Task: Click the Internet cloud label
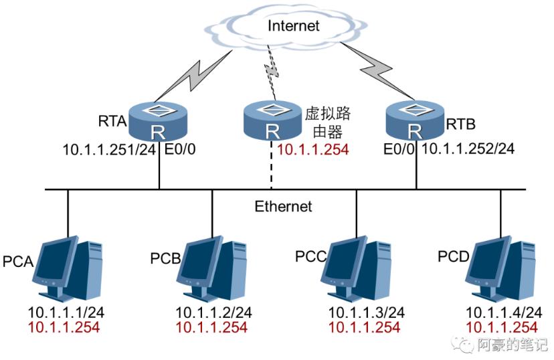coord(294,26)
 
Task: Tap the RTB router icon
coord(416,120)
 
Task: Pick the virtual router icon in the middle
coord(272,120)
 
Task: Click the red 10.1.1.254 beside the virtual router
coord(312,150)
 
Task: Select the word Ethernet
coord(283,206)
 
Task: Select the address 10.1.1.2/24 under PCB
coord(213,312)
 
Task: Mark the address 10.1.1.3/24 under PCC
coord(366,312)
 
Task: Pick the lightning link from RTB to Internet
coord(379,67)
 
